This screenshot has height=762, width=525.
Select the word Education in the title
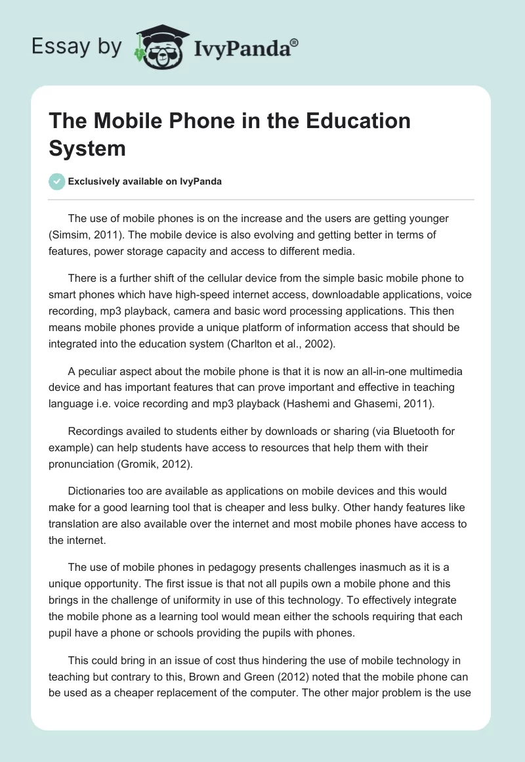coord(348,121)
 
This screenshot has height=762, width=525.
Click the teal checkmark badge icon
coord(58,181)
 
